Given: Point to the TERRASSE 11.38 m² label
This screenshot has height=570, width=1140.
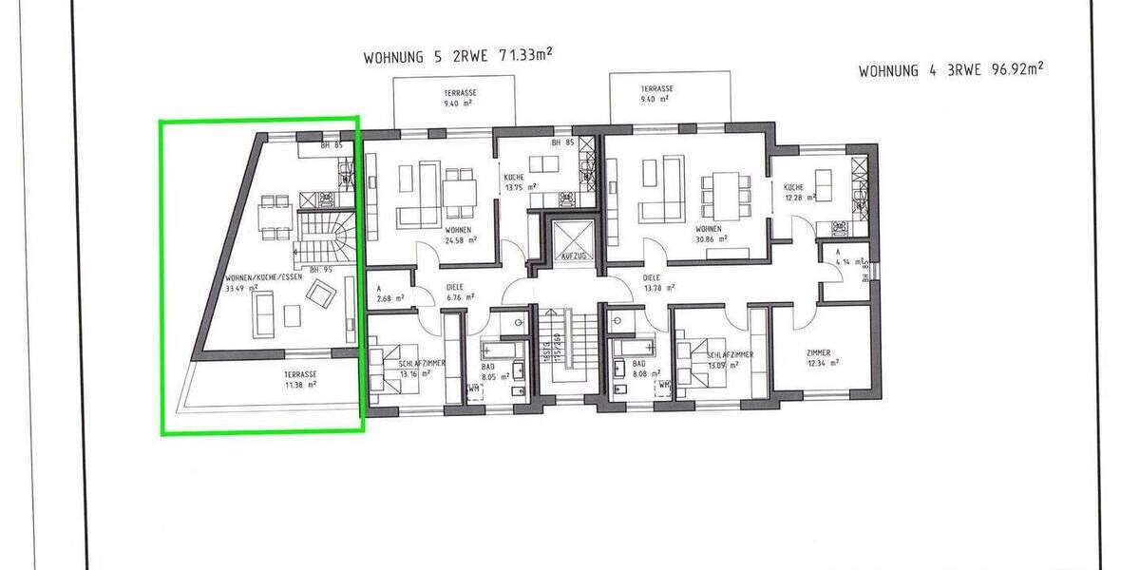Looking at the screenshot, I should coord(301,380).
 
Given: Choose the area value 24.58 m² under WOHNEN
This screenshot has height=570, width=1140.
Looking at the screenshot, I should coord(460,240).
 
